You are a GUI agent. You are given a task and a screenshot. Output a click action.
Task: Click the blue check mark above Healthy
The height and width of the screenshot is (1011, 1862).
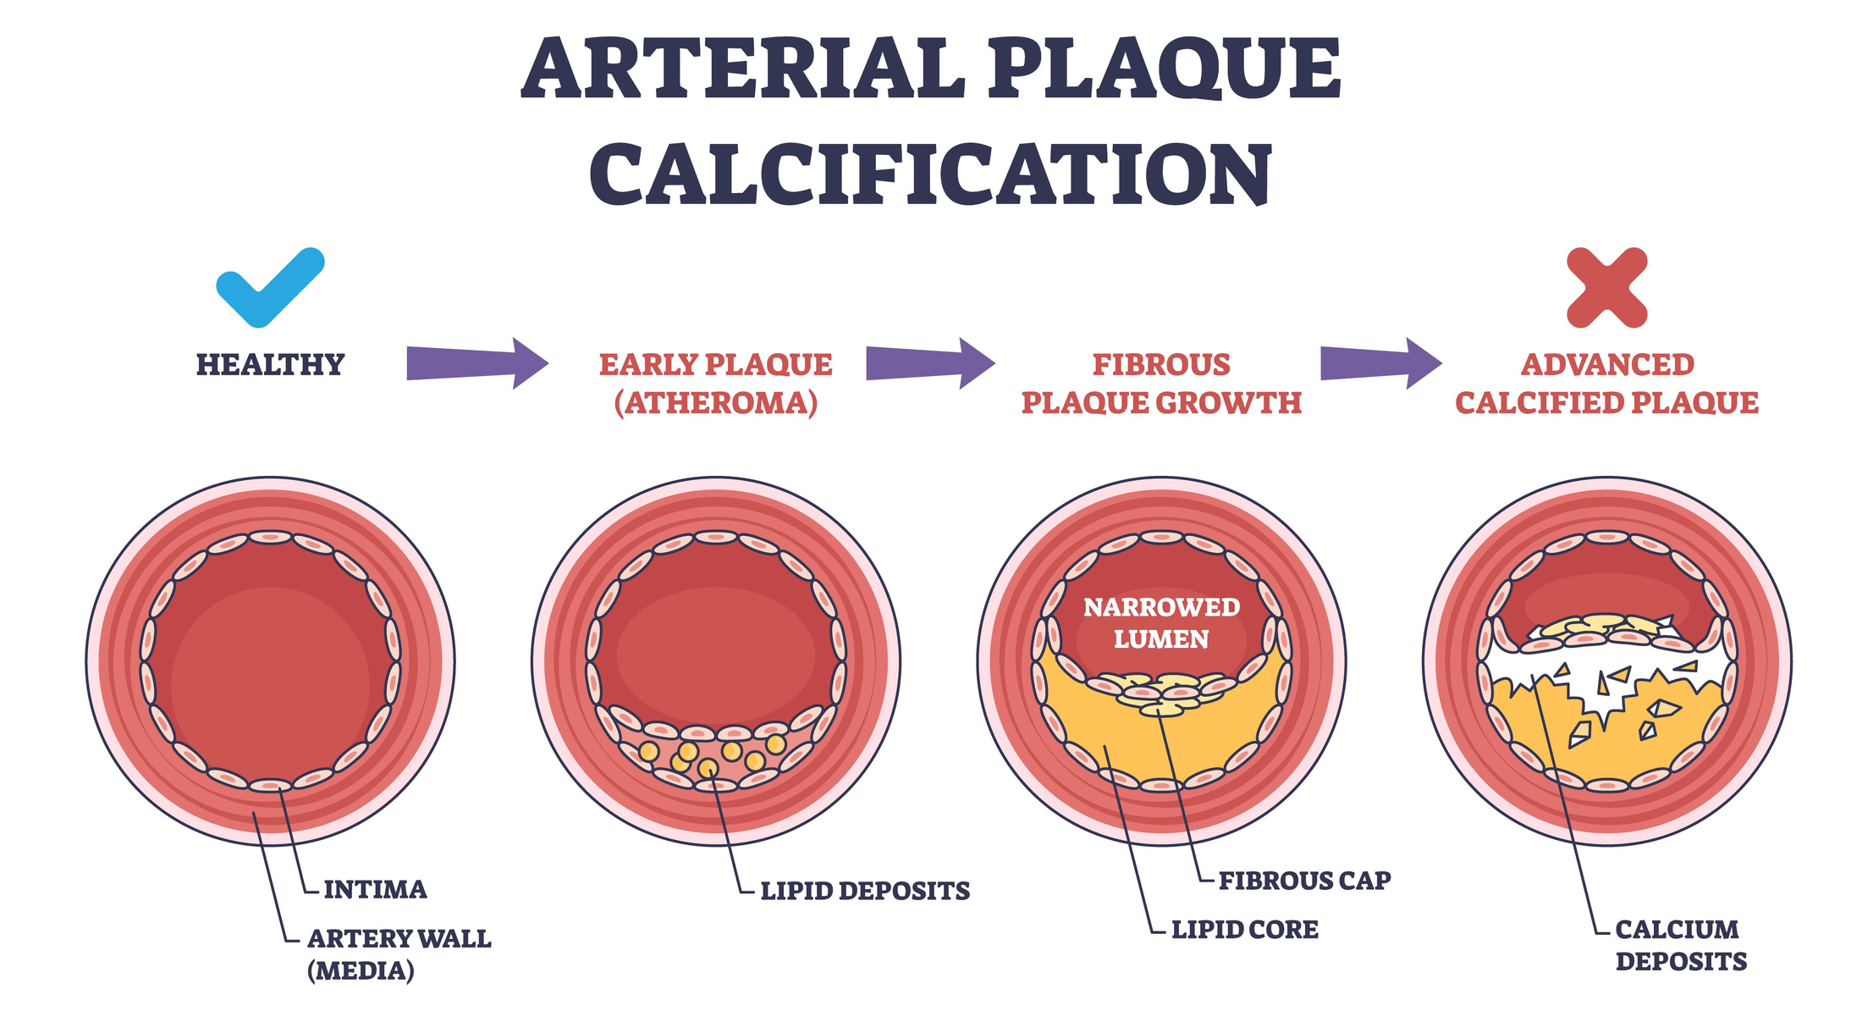click(269, 288)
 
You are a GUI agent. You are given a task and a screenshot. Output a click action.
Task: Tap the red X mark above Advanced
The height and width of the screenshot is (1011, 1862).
click(1606, 288)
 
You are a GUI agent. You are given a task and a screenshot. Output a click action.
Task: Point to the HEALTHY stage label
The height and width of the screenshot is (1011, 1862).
click(270, 365)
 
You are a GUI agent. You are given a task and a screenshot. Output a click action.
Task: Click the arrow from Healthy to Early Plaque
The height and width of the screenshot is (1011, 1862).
click(477, 363)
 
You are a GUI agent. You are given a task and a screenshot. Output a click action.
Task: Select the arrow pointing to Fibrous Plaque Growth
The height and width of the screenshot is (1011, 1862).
click(929, 363)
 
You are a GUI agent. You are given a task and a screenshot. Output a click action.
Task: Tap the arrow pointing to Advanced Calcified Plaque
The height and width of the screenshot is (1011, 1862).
click(1380, 363)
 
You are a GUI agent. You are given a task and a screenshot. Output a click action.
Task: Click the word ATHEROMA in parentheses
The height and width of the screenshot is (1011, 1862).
click(716, 403)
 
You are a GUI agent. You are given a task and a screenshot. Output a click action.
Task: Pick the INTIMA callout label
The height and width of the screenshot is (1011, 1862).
click(375, 890)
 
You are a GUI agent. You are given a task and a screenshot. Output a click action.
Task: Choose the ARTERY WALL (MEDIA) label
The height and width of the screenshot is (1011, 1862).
click(399, 954)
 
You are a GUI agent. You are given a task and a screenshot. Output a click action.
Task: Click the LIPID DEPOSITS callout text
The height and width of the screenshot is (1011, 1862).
click(865, 892)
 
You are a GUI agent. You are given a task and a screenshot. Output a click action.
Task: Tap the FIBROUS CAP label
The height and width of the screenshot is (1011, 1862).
click(1304, 881)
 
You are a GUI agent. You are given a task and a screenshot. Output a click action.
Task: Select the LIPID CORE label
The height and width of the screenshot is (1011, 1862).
click(1244, 930)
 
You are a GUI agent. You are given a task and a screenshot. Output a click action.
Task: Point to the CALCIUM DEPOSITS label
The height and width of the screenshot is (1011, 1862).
click(1680, 946)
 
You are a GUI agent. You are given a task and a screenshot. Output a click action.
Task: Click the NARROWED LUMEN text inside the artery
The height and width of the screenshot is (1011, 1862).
click(1161, 623)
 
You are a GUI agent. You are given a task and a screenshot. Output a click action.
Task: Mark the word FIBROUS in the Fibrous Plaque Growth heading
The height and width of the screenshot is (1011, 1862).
click(1161, 365)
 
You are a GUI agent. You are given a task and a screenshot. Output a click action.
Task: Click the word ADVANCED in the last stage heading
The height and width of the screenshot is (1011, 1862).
click(1607, 365)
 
